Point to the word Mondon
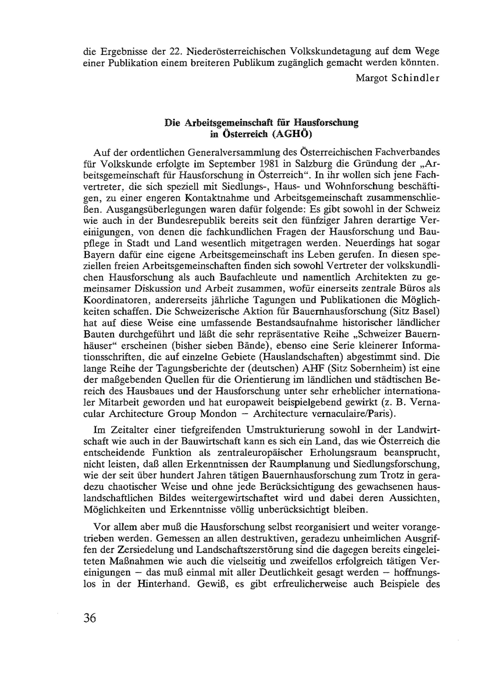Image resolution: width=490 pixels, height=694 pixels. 218,414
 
